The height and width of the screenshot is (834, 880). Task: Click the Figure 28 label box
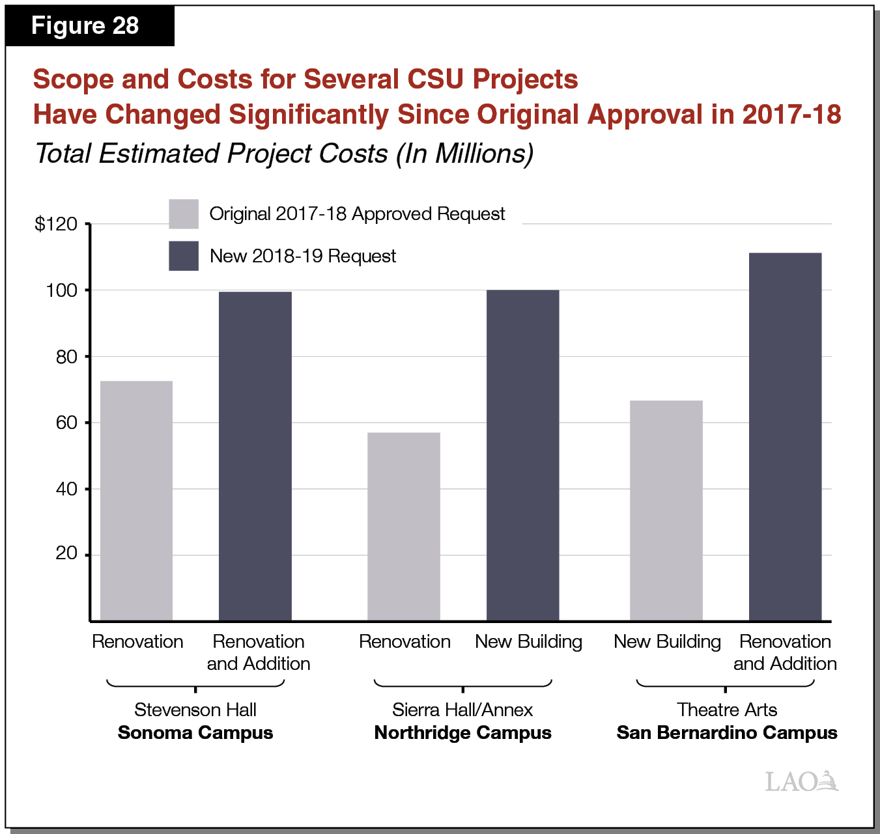pyautogui.click(x=85, y=26)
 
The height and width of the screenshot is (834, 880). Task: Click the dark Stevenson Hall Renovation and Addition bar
pyautogui.click(x=255, y=456)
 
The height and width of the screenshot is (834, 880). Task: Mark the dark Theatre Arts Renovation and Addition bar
pyautogui.click(x=785, y=436)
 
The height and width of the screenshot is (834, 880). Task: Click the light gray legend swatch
pyautogui.click(x=183, y=214)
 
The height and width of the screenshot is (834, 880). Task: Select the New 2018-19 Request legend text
pyautogui.click(x=302, y=256)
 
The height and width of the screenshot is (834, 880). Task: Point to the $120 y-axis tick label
pyautogui.click(x=56, y=224)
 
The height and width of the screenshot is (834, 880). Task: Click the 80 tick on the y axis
pyautogui.click(x=66, y=357)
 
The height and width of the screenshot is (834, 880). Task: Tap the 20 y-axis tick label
pyautogui.click(x=66, y=553)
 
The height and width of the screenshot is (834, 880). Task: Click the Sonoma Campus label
pyautogui.click(x=195, y=732)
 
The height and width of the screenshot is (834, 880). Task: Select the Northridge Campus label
pyautogui.click(x=462, y=732)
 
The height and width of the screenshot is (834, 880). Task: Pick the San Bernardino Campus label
pyautogui.click(x=726, y=732)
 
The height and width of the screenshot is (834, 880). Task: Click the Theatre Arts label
pyautogui.click(x=726, y=710)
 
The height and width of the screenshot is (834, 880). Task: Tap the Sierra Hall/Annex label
pyautogui.click(x=462, y=710)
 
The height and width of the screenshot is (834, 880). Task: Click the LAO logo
pyautogui.click(x=801, y=781)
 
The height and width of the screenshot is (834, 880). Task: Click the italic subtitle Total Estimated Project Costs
pyautogui.click(x=212, y=154)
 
